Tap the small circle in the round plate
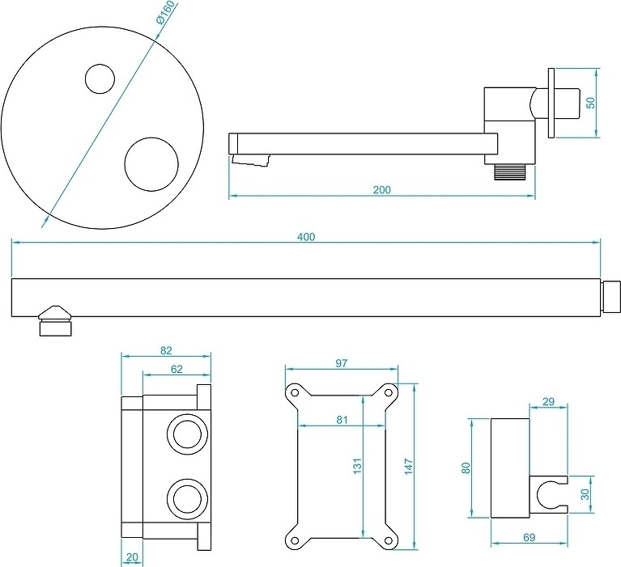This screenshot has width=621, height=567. (101, 78)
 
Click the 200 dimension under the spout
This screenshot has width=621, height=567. (382, 190)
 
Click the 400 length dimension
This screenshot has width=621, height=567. (306, 237)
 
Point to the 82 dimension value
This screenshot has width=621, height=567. (166, 351)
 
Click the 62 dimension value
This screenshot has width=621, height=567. (177, 369)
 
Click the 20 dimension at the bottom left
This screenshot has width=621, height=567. (132, 557)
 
